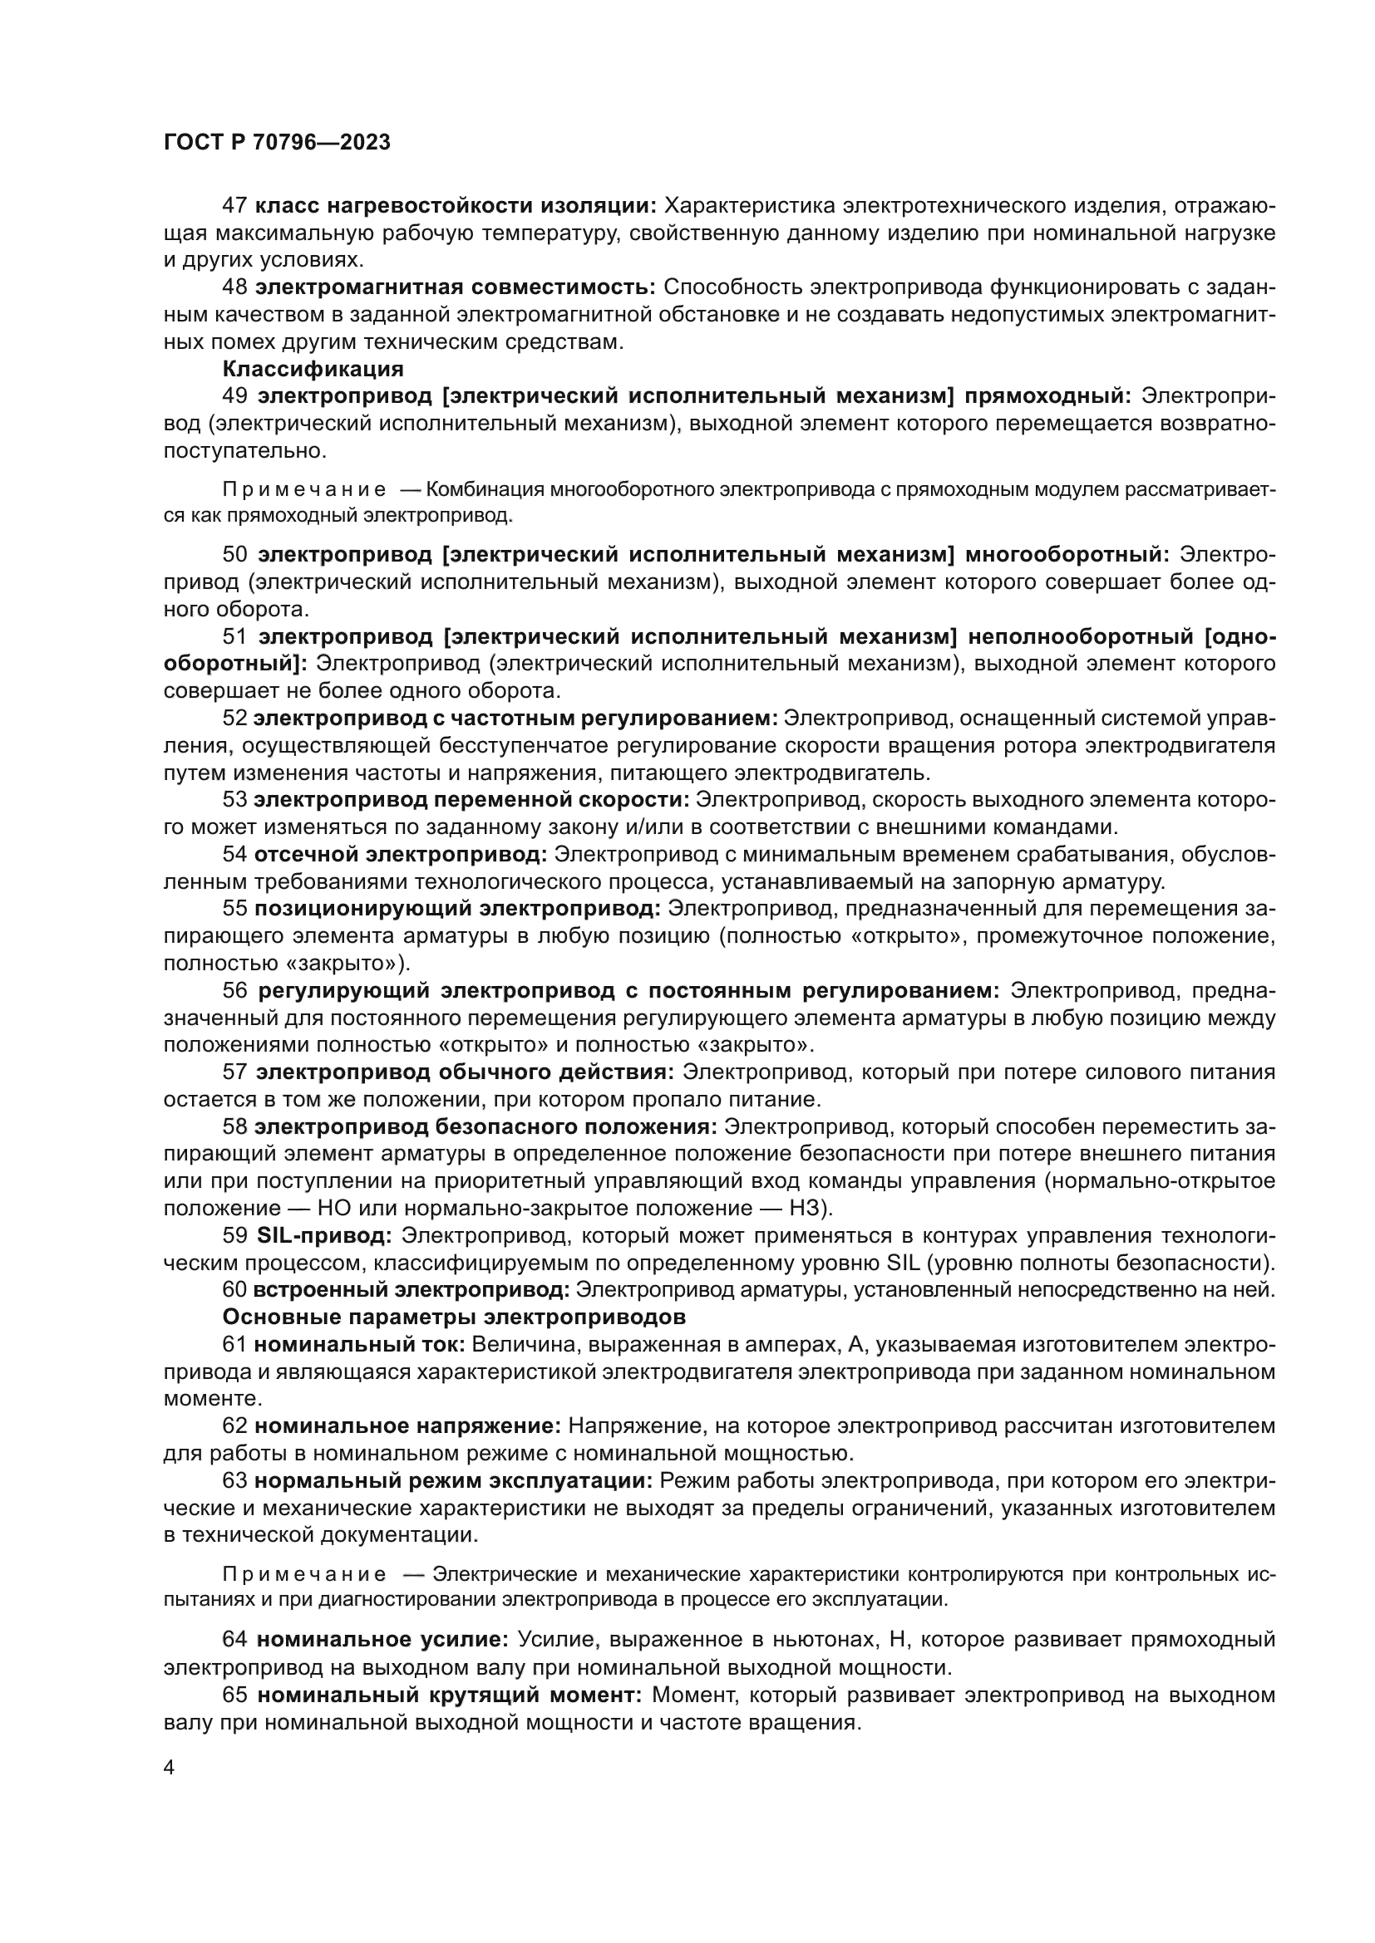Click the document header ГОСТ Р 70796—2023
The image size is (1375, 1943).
coord(277,142)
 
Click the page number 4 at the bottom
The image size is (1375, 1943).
coord(170,1768)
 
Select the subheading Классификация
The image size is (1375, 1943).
coord(313,369)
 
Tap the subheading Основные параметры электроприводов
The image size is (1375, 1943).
coord(454,1317)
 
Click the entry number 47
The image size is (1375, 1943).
coord(234,206)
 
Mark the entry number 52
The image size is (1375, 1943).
coord(234,719)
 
